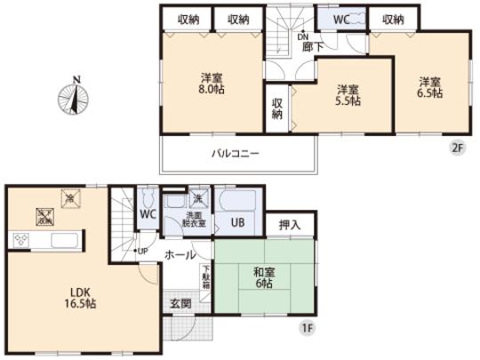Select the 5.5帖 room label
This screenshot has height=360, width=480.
348,95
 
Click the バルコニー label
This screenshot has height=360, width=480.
235,154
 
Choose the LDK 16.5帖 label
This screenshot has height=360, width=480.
78,297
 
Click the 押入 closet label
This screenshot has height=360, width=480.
289,225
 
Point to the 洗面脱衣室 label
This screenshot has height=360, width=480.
195,222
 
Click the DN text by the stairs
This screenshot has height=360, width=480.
302,36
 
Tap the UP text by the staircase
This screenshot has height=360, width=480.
140,250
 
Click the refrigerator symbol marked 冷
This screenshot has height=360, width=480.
68,196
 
